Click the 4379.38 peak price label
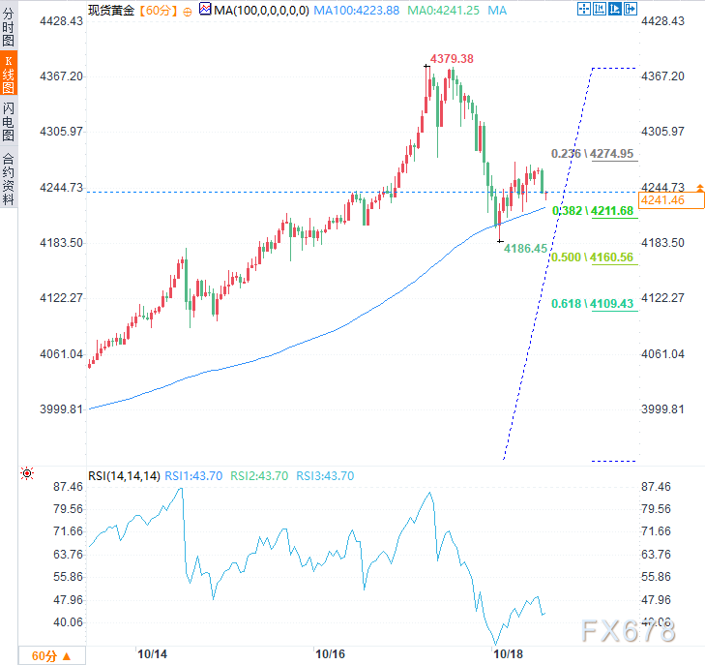452,59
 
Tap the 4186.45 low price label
526,249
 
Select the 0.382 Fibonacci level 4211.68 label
592,210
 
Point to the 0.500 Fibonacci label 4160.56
592,257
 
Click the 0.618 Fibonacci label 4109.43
592,304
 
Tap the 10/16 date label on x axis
331,653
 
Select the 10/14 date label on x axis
152,653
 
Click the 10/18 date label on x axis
509,653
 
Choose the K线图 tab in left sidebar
9,73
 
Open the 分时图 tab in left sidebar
9,27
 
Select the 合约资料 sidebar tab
9,178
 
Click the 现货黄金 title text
110,10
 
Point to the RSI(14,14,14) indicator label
123,475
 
